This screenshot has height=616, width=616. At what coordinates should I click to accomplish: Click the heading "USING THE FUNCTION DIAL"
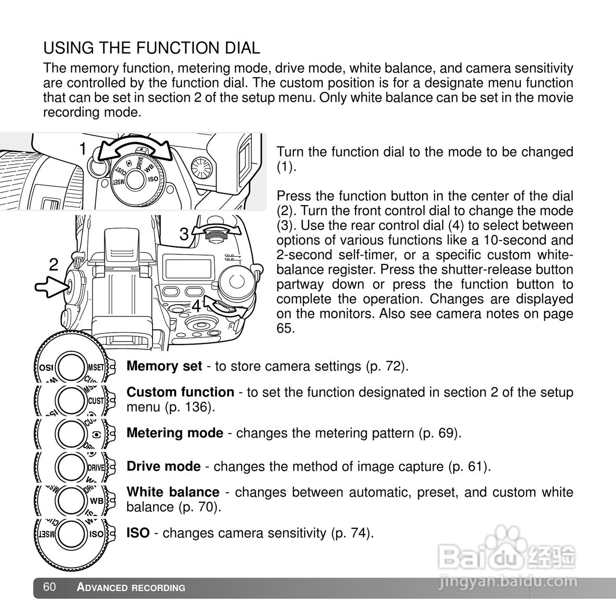tap(152, 48)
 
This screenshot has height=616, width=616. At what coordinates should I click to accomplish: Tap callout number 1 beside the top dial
tap(83, 149)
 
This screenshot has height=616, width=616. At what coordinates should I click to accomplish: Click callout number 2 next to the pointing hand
tap(53, 264)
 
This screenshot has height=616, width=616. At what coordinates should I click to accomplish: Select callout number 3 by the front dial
tap(184, 234)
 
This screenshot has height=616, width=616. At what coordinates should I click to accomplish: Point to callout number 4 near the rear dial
tap(196, 306)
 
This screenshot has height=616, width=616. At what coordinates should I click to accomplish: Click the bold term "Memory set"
tap(164, 366)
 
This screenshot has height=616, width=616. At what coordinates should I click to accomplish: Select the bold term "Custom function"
tap(180, 392)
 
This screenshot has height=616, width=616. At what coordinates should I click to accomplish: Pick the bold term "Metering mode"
tap(175, 433)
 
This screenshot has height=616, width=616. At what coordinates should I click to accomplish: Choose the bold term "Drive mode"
tap(163, 466)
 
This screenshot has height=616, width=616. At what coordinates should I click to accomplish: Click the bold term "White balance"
tap(173, 492)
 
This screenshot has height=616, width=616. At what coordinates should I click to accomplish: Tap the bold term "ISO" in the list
tap(138, 533)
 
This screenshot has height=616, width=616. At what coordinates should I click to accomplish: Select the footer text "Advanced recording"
tap(131, 588)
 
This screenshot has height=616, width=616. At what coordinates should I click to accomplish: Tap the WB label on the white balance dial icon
tap(97, 500)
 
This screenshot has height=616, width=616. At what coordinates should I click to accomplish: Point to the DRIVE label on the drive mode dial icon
tap(96, 467)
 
